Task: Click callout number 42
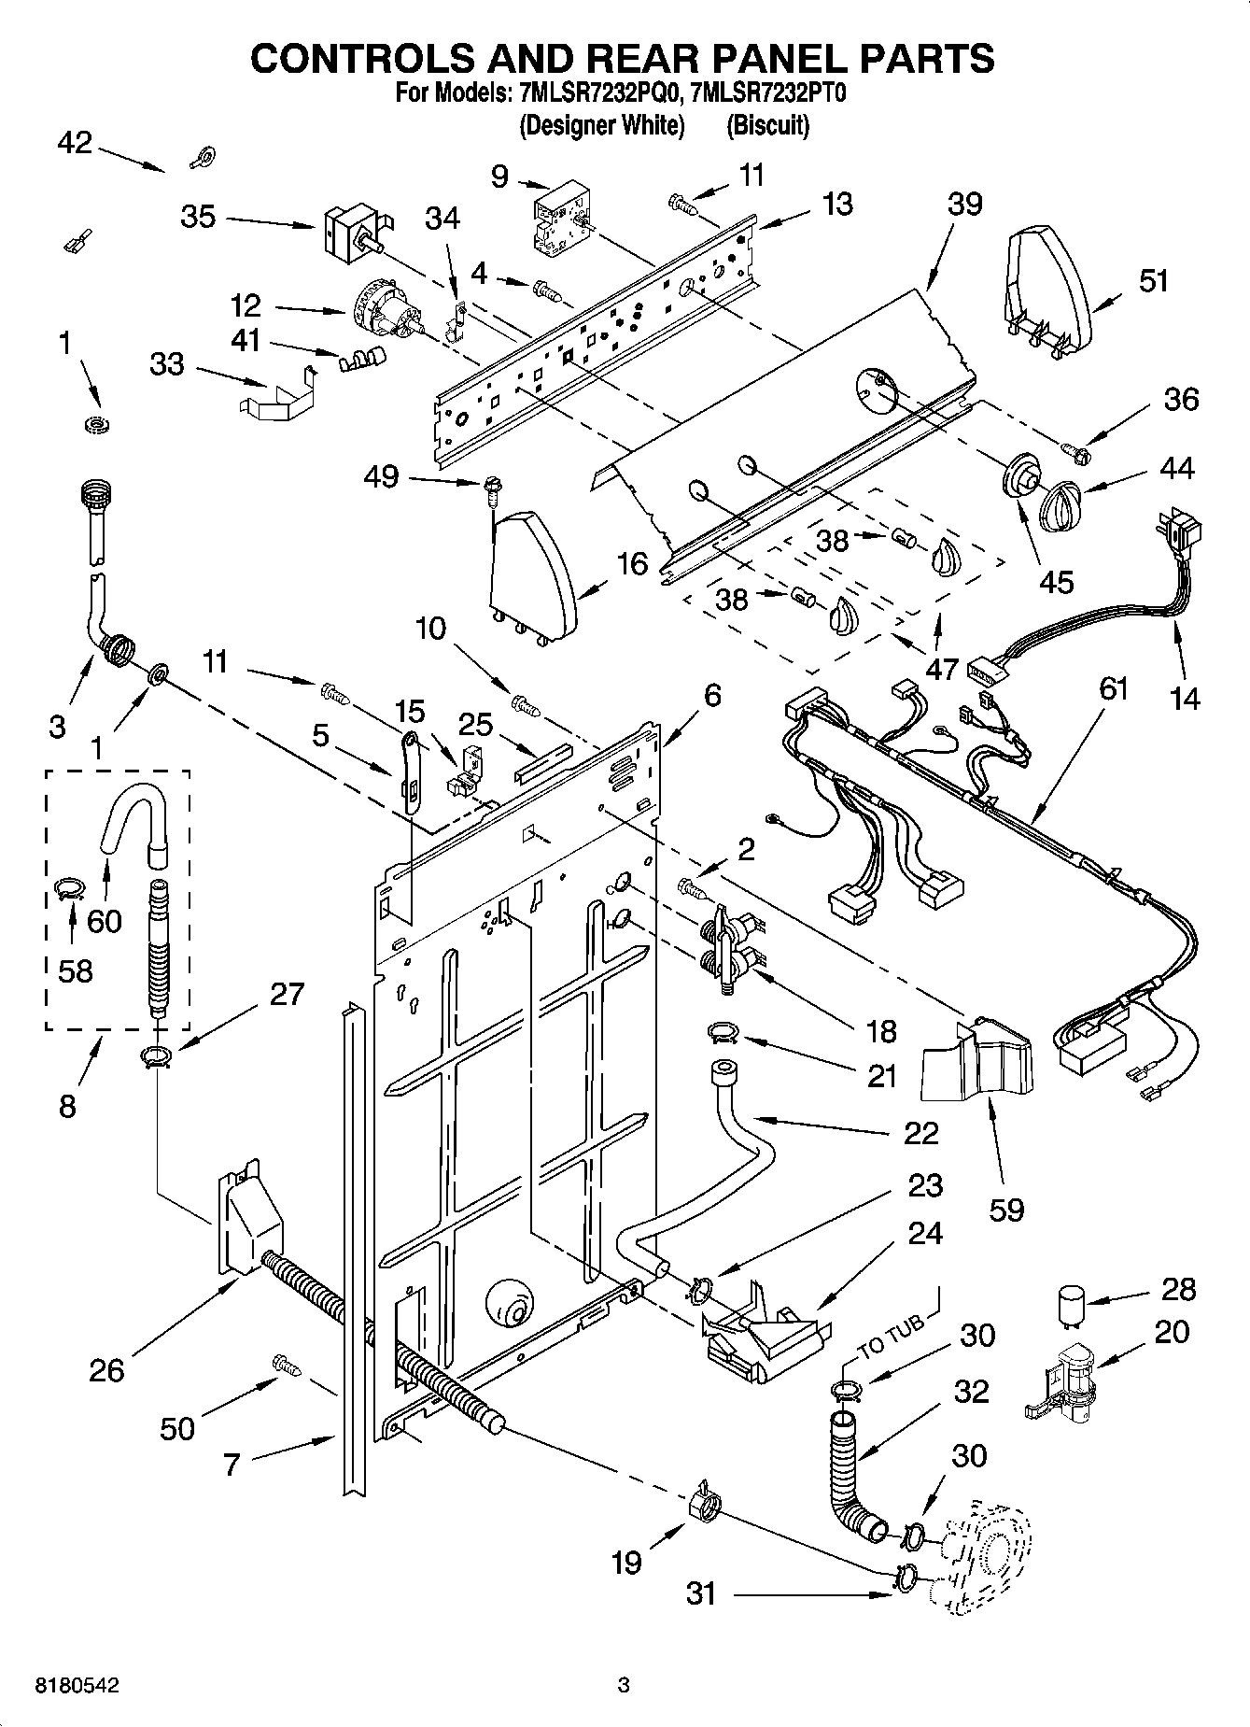point(75,142)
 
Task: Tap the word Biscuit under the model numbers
point(767,124)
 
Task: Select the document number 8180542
point(77,1686)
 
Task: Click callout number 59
point(1007,1209)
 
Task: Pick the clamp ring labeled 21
point(722,1031)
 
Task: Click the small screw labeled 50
point(286,1365)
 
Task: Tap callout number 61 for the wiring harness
point(1114,689)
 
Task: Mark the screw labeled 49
point(490,487)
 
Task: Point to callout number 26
point(106,1369)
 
